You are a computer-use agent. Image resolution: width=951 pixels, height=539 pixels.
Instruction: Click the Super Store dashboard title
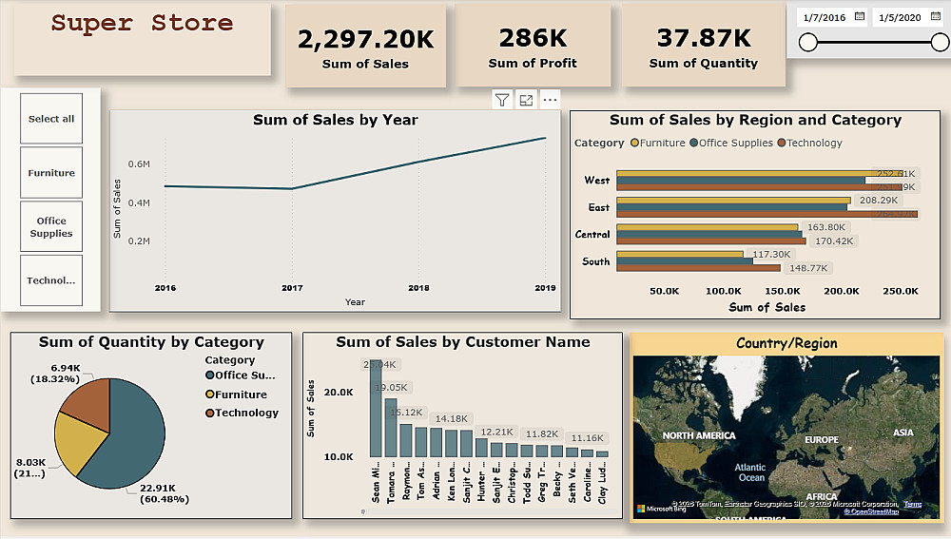coord(142,23)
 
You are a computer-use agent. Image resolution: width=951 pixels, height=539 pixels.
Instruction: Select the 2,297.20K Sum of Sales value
coord(365,39)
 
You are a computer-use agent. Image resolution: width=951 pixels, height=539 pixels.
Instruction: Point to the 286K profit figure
coord(533,38)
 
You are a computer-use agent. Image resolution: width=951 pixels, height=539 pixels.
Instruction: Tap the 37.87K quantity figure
coord(703,38)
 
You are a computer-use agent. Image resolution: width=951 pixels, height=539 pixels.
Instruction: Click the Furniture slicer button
coord(51,173)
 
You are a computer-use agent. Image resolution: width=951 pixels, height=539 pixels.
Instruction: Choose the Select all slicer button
coord(51,119)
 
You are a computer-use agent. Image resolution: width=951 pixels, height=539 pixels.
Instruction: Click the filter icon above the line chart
coord(502,100)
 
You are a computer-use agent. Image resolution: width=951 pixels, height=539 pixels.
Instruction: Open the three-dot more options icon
coord(550,100)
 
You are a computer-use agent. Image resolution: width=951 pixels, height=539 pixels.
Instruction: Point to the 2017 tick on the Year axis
coord(292,287)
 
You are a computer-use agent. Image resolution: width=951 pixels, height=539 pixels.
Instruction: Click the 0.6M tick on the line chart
coord(140,164)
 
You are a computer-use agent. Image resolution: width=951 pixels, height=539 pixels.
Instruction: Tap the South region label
coord(596,261)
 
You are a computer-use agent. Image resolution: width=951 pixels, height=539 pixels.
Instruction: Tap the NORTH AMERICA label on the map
coord(699,435)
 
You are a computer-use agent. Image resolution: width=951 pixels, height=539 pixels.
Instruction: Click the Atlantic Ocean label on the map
coord(750,472)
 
